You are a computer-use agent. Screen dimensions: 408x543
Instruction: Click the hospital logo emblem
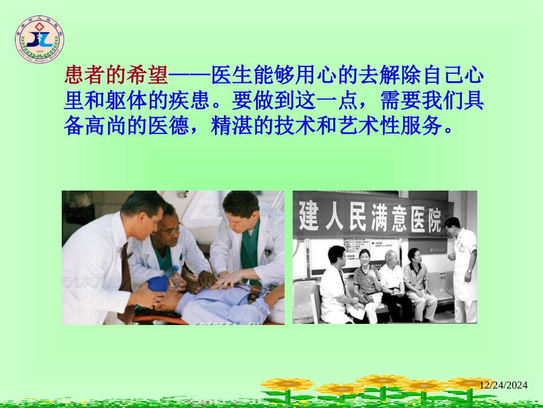(x=39, y=40)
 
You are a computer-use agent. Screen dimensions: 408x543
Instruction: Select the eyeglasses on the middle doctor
(x=171, y=229)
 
